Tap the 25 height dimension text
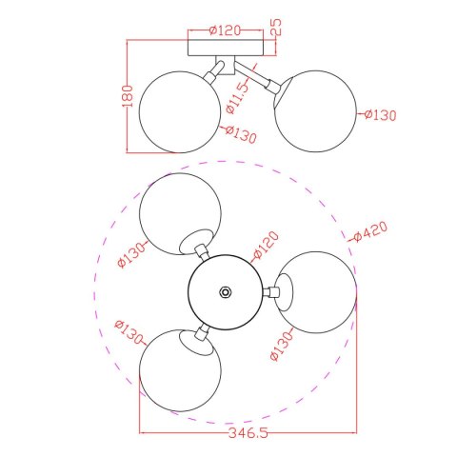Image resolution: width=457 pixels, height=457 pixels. point(277,27)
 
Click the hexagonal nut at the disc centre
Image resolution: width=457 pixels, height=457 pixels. point(225,292)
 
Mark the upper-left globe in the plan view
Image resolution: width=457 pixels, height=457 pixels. point(180,215)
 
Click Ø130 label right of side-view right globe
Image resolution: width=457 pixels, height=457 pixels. point(380,115)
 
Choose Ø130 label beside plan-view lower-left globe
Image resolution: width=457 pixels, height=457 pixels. point(125,336)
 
